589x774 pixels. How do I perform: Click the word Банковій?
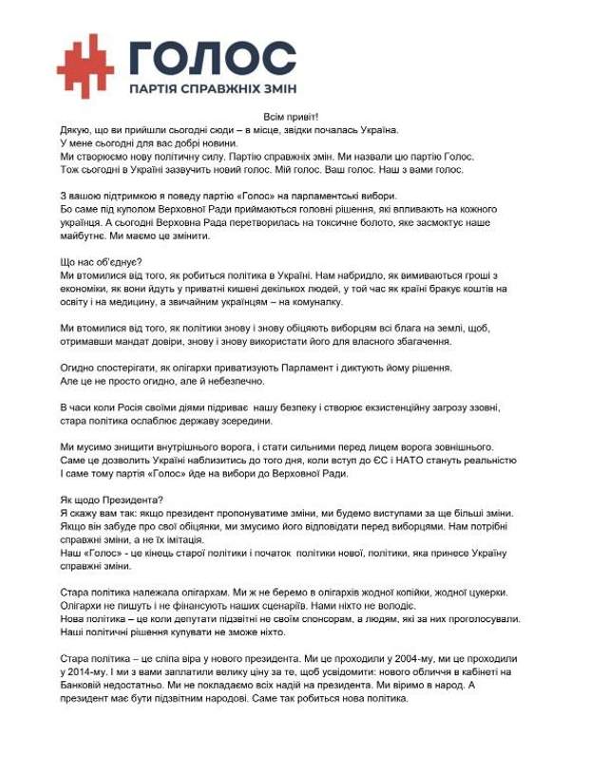coord(83,686)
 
